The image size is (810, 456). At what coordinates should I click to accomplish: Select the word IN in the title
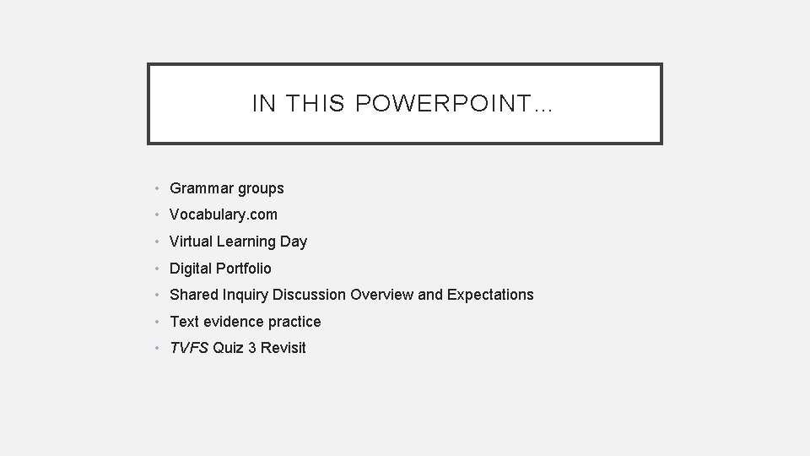point(264,104)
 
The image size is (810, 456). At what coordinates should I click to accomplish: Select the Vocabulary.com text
point(224,214)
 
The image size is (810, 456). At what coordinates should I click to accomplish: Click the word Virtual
point(192,242)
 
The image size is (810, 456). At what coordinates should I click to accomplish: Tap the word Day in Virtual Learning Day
point(294,242)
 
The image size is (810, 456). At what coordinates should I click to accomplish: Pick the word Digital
point(191,269)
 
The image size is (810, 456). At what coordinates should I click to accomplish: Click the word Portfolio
point(244,269)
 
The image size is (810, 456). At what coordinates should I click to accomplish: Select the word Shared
point(193,295)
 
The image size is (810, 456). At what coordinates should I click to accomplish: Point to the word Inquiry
point(244,295)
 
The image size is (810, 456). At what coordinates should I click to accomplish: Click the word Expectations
point(490,295)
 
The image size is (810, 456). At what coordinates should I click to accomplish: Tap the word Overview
point(381,295)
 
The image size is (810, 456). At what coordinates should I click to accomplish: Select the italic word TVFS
point(189,348)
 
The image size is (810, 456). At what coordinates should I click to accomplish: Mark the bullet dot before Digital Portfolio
point(159,269)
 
